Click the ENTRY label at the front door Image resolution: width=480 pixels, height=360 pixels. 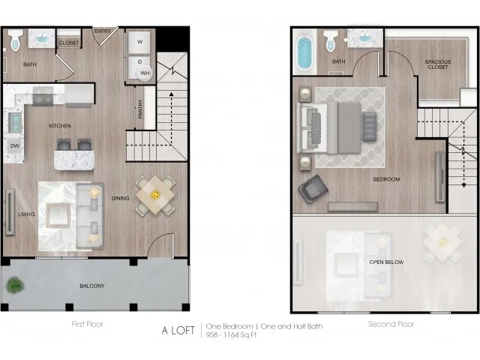pyautogui.click(x=102, y=31)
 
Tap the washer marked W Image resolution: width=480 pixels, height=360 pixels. pyautogui.click(x=139, y=42)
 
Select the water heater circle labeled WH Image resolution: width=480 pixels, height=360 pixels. pyautogui.click(x=145, y=73)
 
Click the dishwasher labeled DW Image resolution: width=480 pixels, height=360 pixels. pyautogui.click(x=15, y=145)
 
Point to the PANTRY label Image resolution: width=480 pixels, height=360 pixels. pyautogui.click(x=140, y=109)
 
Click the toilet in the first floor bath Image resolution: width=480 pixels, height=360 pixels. pyautogui.click(x=15, y=40)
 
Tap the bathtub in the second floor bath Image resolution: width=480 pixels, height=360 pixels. pyautogui.click(x=304, y=52)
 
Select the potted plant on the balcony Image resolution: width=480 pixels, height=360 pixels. pyautogui.click(x=15, y=285)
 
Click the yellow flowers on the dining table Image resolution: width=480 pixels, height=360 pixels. pyautogui.click(x=155, y=195)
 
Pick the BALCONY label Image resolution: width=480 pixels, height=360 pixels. pyautogui.click(x=92, y=286)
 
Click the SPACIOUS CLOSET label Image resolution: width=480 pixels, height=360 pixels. pyautogui.click(x=438, y=64)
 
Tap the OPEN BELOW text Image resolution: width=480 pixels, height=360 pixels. pyautogui.click(x=386, y=262)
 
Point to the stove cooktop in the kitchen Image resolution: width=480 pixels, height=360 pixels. pyautogui.click(x=43, y=97)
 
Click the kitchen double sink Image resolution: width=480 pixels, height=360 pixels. pyautogui.click(x=15, y=122)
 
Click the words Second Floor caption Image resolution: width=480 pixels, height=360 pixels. pyautogui.click(x=391, y=324)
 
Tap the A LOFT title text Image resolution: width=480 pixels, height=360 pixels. pyautogui.click(x=178, y=331)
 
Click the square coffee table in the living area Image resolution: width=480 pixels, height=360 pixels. pyautogui.click(x=58, y=215)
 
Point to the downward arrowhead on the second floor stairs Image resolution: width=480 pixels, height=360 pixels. pyautogui.click(x=463, y=185)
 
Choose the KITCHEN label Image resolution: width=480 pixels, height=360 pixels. pyautogui.click(x=60, y=126)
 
